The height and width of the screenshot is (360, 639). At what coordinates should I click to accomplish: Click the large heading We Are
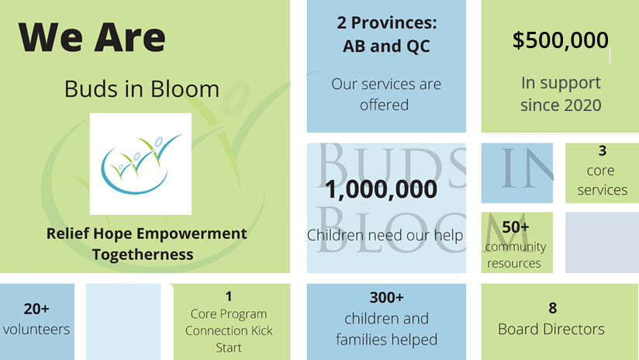pos(92,37)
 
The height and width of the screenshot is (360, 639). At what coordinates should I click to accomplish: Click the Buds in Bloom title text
pos(142,88)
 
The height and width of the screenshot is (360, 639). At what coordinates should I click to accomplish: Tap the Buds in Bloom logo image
pos(140,164)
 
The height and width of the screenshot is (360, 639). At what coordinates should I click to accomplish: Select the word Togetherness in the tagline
pos(143,254)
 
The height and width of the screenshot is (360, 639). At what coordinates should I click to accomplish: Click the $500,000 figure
pos(560,40)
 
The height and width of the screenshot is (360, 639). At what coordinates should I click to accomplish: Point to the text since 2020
pos(560,105)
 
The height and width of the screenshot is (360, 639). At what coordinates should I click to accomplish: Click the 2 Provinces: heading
pos(386,22)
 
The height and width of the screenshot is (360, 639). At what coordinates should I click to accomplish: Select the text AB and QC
pos(386,47)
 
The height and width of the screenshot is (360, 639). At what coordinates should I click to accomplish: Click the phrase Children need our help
pos(385,235)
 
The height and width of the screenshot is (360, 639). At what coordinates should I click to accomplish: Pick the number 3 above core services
pos(602,151)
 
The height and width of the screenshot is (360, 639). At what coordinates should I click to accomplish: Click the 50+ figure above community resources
pos(516,227)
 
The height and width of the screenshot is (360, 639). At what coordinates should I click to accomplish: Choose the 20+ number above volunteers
pos(36,309)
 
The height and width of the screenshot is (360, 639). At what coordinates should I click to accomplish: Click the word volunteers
pos(36,329)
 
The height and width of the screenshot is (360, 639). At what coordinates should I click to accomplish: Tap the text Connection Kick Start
pos(229,339)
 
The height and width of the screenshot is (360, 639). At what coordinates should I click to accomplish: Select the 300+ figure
pos(386,297)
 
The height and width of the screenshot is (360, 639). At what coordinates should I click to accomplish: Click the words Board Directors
pos(551,329)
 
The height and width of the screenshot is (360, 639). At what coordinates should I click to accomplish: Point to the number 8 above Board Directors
pos(552,308)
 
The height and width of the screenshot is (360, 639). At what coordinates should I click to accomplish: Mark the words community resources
pos(515,255)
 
